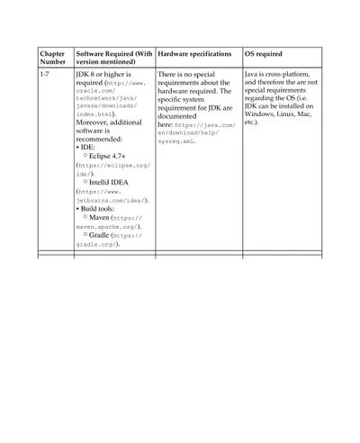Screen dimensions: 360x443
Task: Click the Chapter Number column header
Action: tap(52, 58)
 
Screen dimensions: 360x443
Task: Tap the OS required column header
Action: tap(263, 53)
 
